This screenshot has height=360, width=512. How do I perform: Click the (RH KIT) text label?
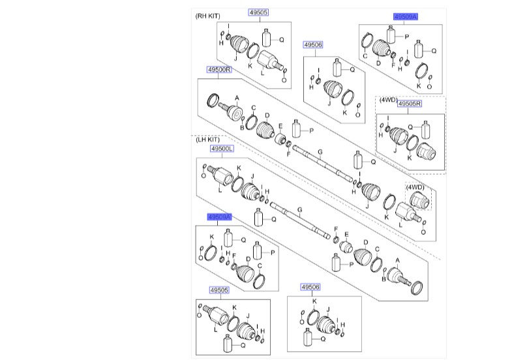[207, 16]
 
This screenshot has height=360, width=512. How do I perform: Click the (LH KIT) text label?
[207, 140]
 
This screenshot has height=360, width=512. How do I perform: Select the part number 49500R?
[219, 70]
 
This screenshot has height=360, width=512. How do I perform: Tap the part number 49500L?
[222, 149]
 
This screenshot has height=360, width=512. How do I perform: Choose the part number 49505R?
[410, 104]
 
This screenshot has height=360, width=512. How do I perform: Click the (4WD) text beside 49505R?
[388, 100]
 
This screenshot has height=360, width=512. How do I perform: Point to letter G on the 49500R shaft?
[320, 152]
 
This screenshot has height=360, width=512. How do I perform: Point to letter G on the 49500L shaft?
[299, 210]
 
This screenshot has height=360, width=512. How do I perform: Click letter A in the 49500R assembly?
[237, 98]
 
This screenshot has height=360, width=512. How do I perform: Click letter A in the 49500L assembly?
[397, 260]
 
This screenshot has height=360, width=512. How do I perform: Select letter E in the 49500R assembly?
[280, 127]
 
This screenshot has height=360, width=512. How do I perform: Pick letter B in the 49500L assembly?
[384, 279]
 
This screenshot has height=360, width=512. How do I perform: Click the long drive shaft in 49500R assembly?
[323, 163]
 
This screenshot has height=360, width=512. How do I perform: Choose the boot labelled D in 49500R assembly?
[266, 132]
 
